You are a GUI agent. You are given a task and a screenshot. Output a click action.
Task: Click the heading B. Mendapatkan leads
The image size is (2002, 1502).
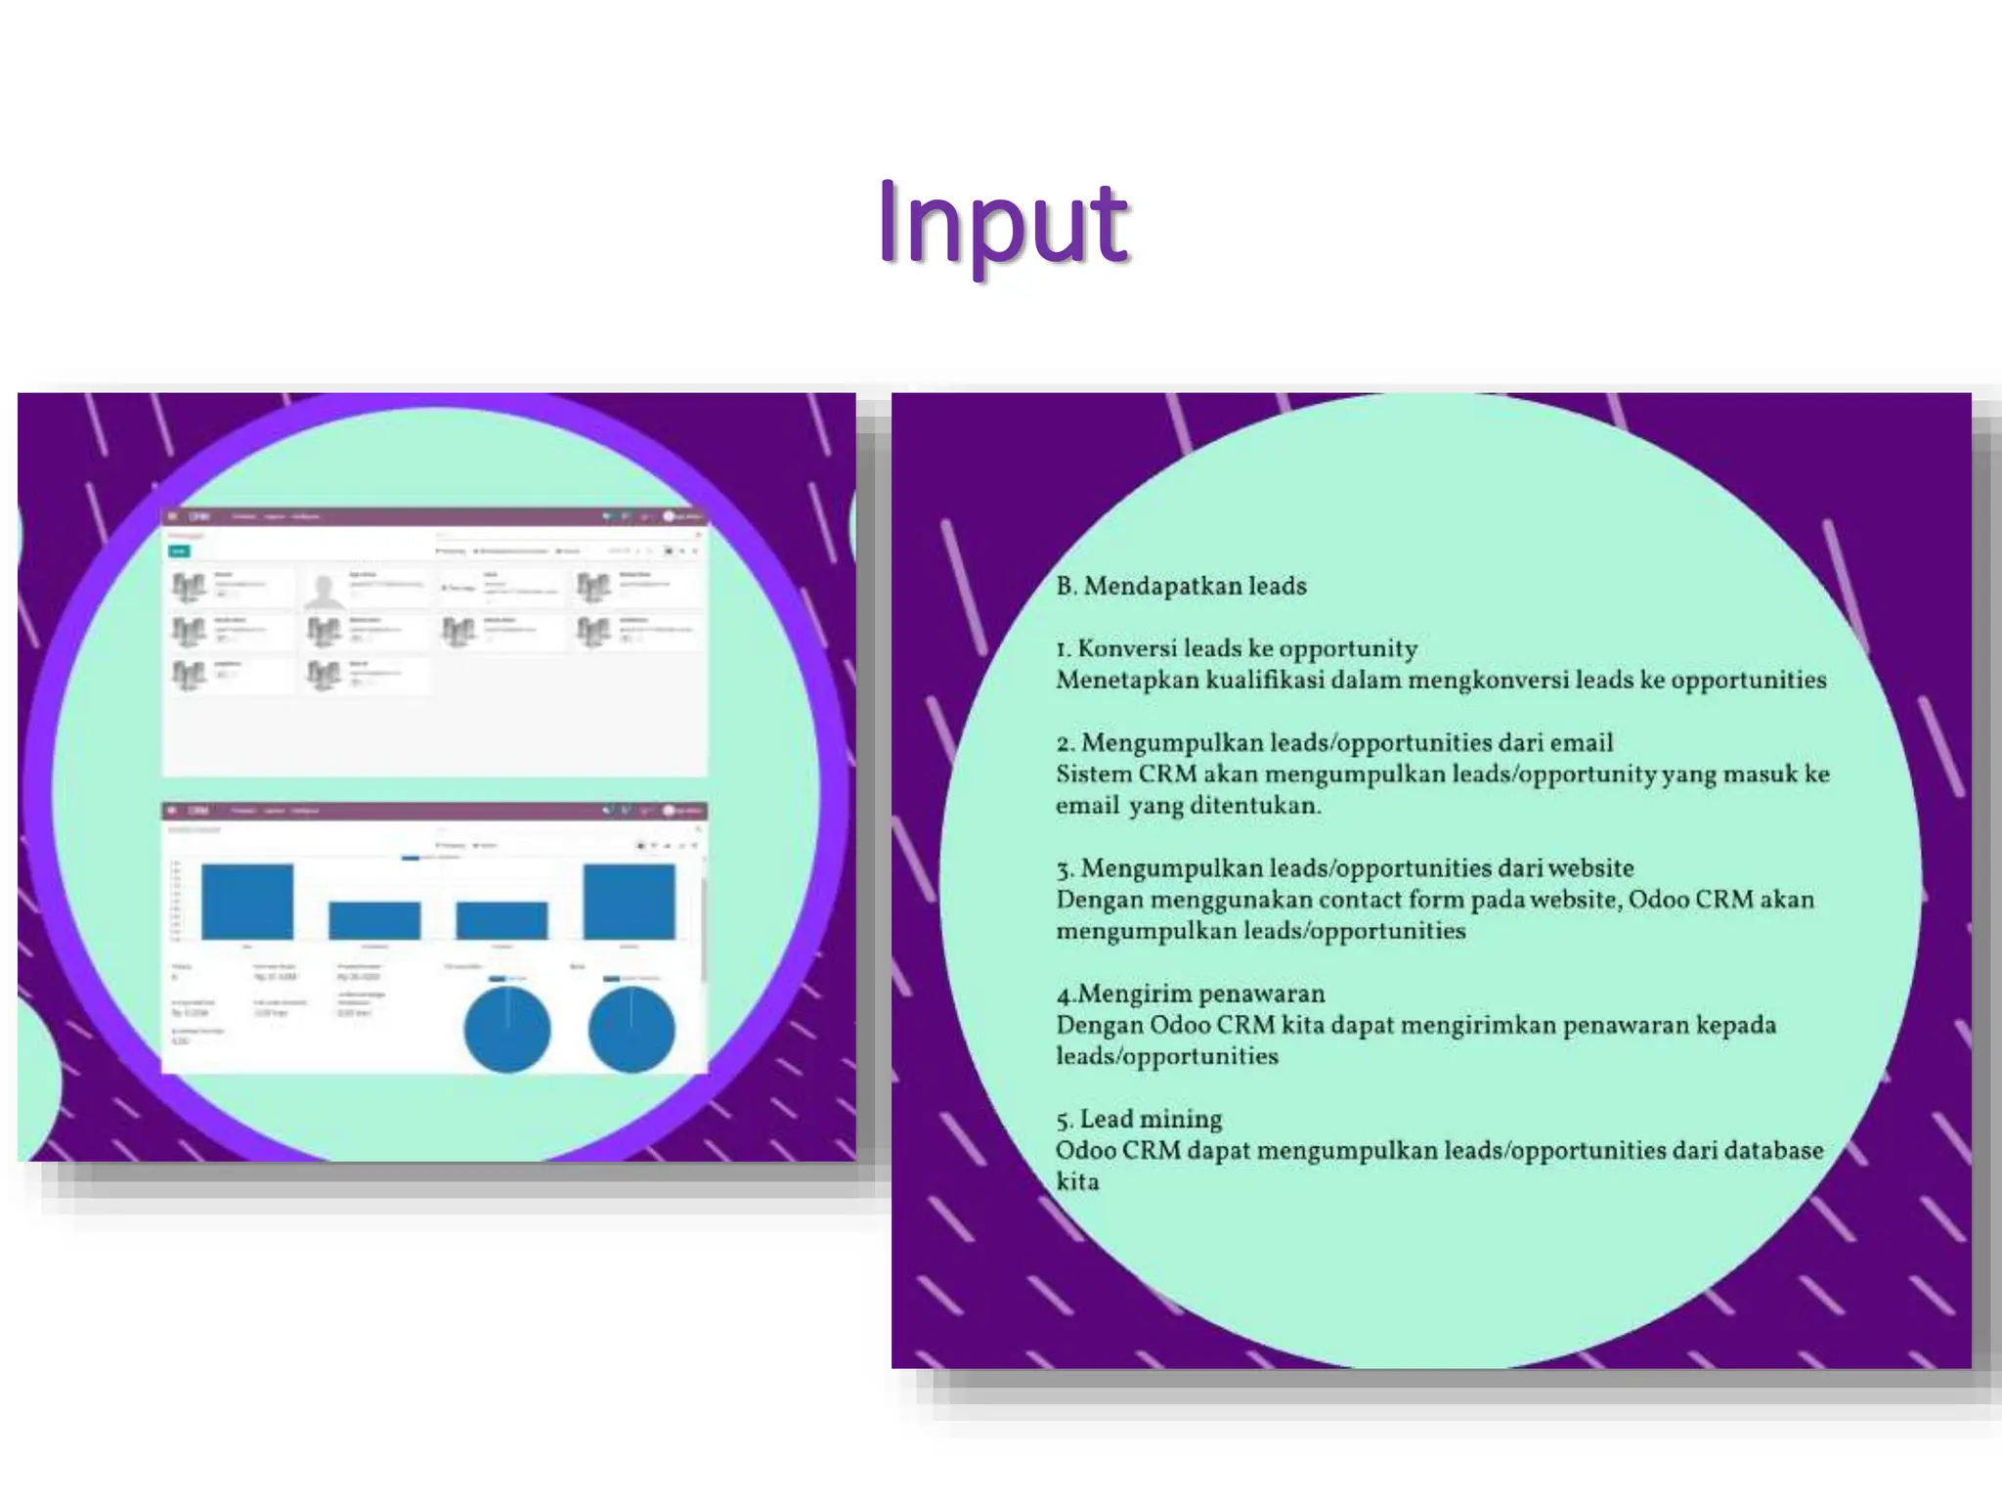1181,586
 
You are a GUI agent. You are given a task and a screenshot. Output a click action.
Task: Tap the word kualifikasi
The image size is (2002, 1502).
1264,680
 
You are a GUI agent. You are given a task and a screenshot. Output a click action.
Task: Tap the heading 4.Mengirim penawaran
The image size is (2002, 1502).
1190,994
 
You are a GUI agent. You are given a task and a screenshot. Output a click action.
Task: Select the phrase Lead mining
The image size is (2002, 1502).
1151,1119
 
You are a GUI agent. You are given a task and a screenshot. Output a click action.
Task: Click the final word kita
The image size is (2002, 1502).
1077,1181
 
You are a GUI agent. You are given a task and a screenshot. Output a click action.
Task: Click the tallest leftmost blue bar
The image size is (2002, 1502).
247,901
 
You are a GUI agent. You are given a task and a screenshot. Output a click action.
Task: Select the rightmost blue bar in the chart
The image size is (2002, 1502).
629,901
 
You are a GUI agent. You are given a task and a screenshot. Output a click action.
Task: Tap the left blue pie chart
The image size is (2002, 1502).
506,1029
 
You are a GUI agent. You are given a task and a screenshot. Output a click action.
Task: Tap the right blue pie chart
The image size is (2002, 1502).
631,1029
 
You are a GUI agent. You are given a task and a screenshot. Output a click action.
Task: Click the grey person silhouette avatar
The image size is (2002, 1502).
324,590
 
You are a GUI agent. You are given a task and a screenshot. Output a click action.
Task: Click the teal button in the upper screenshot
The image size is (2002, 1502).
179,552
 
